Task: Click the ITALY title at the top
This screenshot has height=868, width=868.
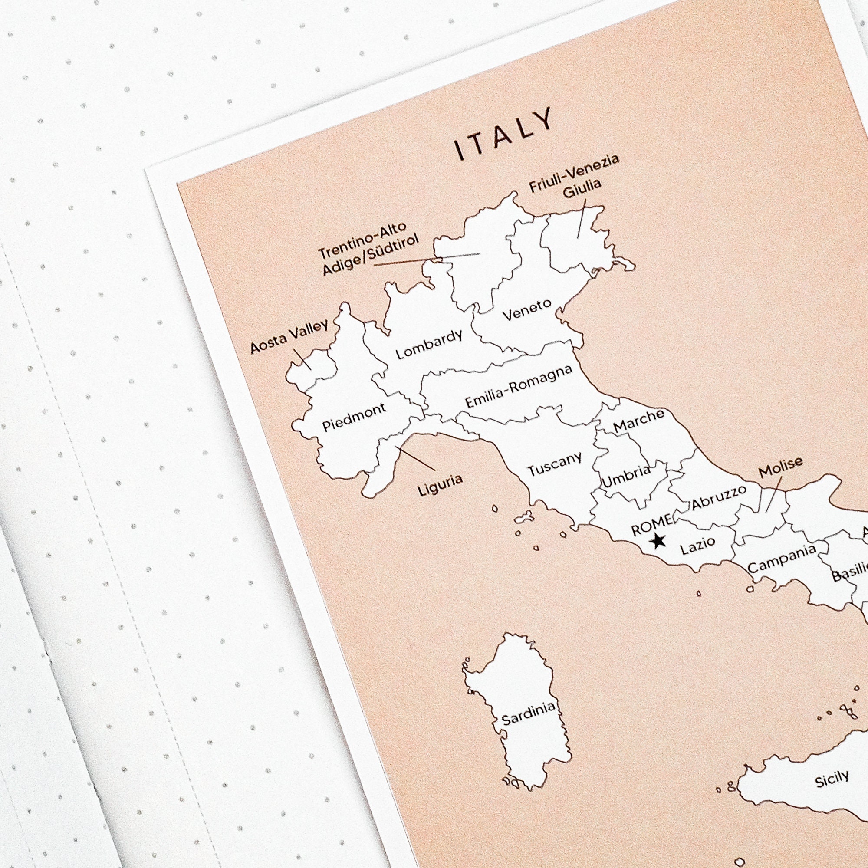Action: point(503,134)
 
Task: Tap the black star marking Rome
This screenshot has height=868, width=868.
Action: point(659,541)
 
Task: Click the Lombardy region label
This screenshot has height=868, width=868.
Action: point(429,345)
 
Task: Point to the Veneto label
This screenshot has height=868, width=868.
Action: point(526,310)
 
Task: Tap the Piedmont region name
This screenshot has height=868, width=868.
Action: point(354,417)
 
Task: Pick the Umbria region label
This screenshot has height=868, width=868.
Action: point(626,476)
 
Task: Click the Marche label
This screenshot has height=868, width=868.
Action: point(638,420)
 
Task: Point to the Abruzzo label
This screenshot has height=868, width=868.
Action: point(719,497)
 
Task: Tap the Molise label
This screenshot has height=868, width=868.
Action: point(780,467)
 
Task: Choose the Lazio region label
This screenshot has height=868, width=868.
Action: point(698,546)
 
